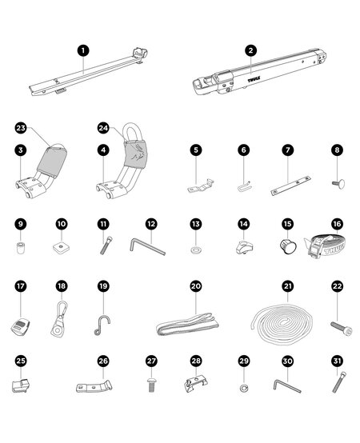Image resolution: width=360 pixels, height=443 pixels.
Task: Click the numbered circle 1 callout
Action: point(82,50)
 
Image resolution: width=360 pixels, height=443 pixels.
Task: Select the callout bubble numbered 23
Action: point(21,127)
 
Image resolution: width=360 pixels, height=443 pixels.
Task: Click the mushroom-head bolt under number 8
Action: point(336,183)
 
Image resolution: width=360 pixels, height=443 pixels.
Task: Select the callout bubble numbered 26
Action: point(103,361)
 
